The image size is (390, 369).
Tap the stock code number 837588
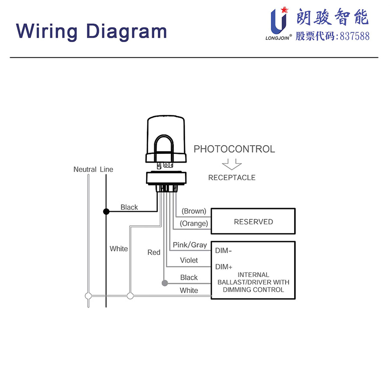point(355,36)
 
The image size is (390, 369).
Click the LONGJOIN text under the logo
point(278,37)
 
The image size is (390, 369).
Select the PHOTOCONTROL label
point(234,149)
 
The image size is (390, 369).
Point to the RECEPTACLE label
point(232,177)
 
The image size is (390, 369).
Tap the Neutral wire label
point(84,169)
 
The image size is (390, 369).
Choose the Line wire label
point(107,169)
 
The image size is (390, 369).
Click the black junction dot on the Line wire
point(106,212)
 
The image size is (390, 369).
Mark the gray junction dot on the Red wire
point(164,284)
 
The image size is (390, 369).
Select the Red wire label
point(154,252)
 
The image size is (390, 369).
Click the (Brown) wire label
point(194,211)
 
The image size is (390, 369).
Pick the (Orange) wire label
point(194,223)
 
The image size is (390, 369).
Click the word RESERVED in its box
point(253,222)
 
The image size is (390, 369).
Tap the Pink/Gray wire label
point(190,245)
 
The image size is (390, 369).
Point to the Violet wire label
point(189,260)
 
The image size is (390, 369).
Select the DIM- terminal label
point(223,251)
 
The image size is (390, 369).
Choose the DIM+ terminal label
point(224,267)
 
